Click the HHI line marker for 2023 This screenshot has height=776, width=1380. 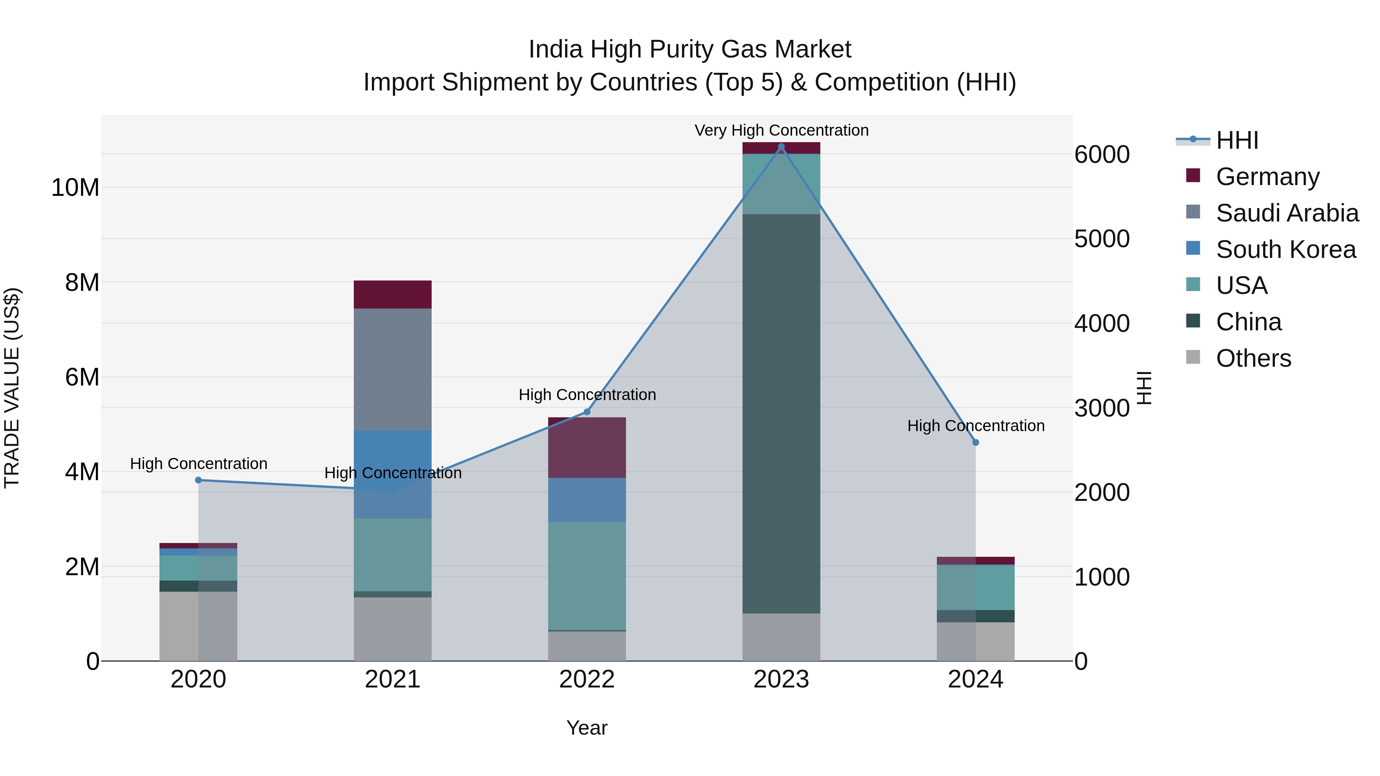pyautogui.click(x=781, y=147)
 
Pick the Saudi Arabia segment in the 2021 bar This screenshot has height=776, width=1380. pyautogui.click(x=393, y=369)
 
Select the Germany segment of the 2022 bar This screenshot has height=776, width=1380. pyautogui.click(x=586, y=448)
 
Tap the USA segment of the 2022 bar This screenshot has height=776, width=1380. pyautogui.click(x=586, y=576)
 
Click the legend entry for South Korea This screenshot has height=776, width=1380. pyautogui.click(x=1285, y=249)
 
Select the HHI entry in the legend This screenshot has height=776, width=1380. pyautogui.click(x=1236, y=140)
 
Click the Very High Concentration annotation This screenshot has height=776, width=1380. pyautogui.click(x=781, y=130)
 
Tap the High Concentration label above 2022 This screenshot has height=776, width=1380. pyautogui.click(x=586, y=395)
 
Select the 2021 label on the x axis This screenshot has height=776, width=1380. pyautogui.click(x=393, y=679)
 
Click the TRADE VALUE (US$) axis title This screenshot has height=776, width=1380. pyautogui.click(x=12, y=388)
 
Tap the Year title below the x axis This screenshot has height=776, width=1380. pyautogui.click(x=586, y=728)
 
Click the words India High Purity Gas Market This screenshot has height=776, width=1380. pyautogui.click(x=690, y=49)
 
